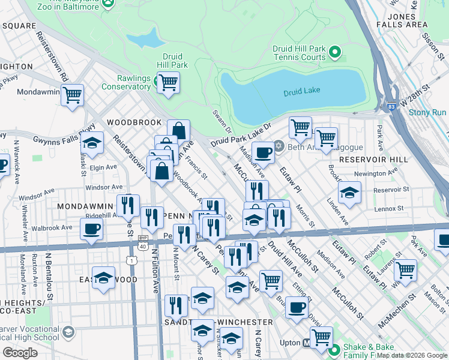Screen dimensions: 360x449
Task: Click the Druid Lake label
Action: coord(301,91)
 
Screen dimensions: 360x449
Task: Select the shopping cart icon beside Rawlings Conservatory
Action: coord(168,82)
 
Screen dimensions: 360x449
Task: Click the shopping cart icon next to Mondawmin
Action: coord(72,95)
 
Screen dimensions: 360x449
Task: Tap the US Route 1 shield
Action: coord(131,260)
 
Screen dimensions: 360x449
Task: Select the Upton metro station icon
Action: coord(307,344)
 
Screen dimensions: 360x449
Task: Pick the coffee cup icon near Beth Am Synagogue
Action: coord(262,152)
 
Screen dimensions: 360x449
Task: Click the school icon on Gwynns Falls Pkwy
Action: coord(92,143)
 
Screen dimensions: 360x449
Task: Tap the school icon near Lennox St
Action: coord(349,193)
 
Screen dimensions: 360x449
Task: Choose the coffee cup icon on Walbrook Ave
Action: coord(91,229)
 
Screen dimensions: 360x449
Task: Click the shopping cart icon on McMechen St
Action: coord(406,270)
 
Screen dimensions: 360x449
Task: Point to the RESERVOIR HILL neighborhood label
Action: coord(373,160)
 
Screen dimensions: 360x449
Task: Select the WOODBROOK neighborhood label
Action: coord(130,122)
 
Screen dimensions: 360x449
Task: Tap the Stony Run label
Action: coord(427,112)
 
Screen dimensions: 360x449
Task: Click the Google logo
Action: coord(20,353)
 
